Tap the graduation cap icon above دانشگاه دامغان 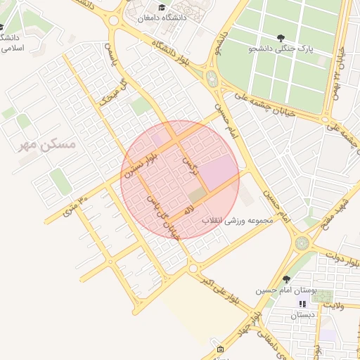coord(162,8)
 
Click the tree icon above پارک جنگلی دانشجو coord(282,37)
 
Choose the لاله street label coord(189,210)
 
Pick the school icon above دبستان coord(303,304)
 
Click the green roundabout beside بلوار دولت coord(302,243)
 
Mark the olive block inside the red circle coord(198,194)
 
